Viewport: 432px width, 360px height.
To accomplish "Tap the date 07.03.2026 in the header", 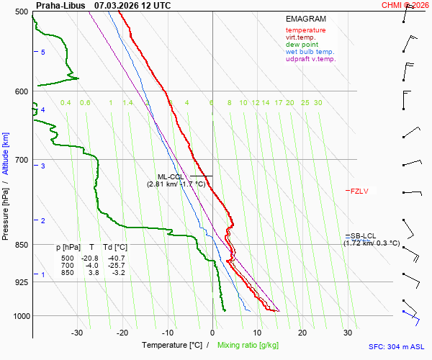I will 117,5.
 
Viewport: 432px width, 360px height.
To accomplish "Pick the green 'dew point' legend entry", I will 302,45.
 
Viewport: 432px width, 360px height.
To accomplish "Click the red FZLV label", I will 359,191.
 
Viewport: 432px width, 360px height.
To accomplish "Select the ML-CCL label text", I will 171,176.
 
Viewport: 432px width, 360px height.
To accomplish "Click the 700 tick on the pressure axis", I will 21,159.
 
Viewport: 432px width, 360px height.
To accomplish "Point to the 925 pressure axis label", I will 21,282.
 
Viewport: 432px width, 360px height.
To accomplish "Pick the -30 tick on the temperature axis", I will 77,332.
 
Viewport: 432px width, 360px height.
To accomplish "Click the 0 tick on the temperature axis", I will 212,332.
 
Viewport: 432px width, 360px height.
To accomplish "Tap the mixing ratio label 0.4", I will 66,103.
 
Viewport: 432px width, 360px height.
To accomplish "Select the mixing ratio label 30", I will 318,103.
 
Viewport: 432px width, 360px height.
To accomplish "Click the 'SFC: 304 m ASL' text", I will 395,346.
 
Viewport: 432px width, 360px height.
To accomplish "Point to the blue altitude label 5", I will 42,53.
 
